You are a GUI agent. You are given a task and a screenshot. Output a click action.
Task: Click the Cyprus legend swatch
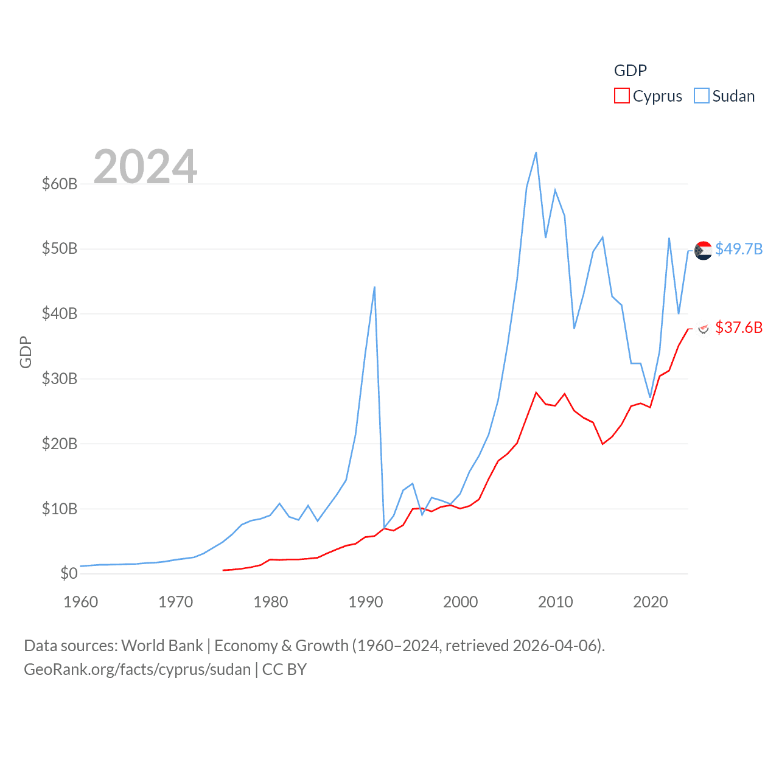[x=621, y=96]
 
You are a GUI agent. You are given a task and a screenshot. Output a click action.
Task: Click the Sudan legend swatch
[x=702, y=96]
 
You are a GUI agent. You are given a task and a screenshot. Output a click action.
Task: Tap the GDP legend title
[x=630, y=71]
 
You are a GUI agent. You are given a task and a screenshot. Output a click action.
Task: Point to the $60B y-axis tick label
[x=60, y=184]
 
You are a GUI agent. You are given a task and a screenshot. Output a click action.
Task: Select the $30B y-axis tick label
[x=60, y=379]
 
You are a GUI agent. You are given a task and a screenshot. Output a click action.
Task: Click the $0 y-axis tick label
[x=69, y=573]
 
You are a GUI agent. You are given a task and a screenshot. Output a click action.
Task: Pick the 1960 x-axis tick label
[x=81, y=602]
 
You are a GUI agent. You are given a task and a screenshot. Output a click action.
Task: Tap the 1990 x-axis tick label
[x=366, y=602]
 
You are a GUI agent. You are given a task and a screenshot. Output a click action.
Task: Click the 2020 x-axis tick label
[x=651, y=602]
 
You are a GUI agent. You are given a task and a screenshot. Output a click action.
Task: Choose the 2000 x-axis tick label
[x=461, y=602]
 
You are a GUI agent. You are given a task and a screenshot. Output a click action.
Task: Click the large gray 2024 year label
[x=145, y=166]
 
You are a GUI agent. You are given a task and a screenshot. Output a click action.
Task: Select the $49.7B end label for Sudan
[x=739, y=249]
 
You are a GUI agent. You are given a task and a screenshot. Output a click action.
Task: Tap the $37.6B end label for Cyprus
[x=739, y=327]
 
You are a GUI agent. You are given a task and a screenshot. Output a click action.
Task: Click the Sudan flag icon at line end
[x=704, y=250]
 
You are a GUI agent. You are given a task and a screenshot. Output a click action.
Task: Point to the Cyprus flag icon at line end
[x=704, y=329]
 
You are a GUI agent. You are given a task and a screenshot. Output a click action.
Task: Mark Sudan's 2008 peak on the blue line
[x=536, y=153]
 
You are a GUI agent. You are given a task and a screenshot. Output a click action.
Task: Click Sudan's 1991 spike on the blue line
[x=374, y=287]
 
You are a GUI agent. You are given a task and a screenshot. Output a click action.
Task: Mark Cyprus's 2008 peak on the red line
[x=536, y=393]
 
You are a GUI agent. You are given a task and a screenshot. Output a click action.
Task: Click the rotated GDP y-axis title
[x=26, y=352]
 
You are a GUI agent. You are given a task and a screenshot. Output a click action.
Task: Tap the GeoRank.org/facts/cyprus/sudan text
[x=138, y=669]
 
